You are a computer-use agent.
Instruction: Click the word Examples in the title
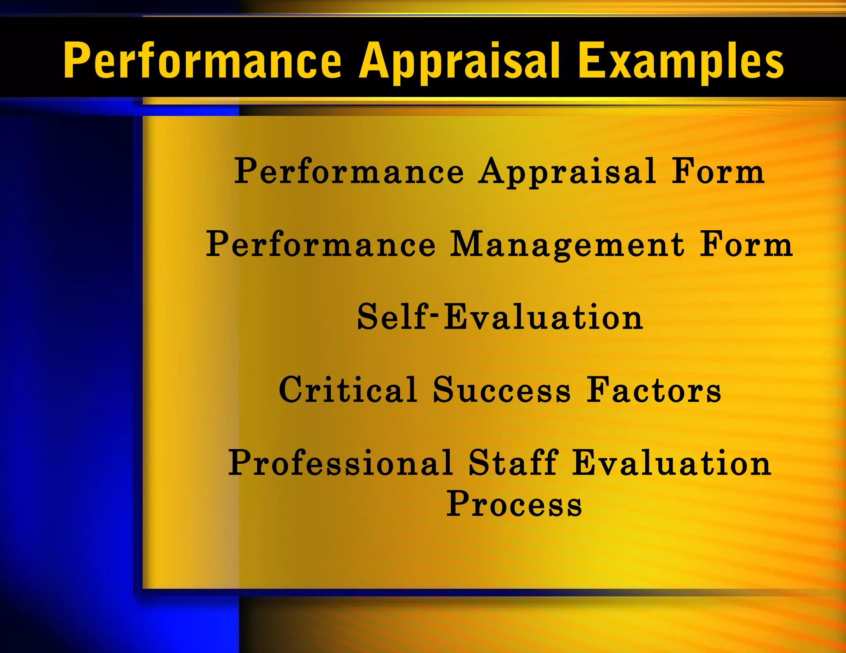pyautogui.click(x=681, y=61)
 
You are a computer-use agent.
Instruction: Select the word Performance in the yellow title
pyautogui.click(x=202, y=61)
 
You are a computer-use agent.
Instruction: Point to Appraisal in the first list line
pyautogui.click(x=568, y=172)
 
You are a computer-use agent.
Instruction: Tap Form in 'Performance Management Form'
pyautogui.click(x=746, y=244)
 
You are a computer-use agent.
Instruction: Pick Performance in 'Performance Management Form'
pyautogui.click(x=321, y=244)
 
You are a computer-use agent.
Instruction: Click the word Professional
pyautogui.click(x=341, y=463)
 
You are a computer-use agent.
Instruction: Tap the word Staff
pyautogui.click(x=513, y=463)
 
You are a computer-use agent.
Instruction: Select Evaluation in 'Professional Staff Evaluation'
pyautogui.click(x=672, y=463)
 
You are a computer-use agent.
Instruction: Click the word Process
pyautogui.click(x=514, y=504)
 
